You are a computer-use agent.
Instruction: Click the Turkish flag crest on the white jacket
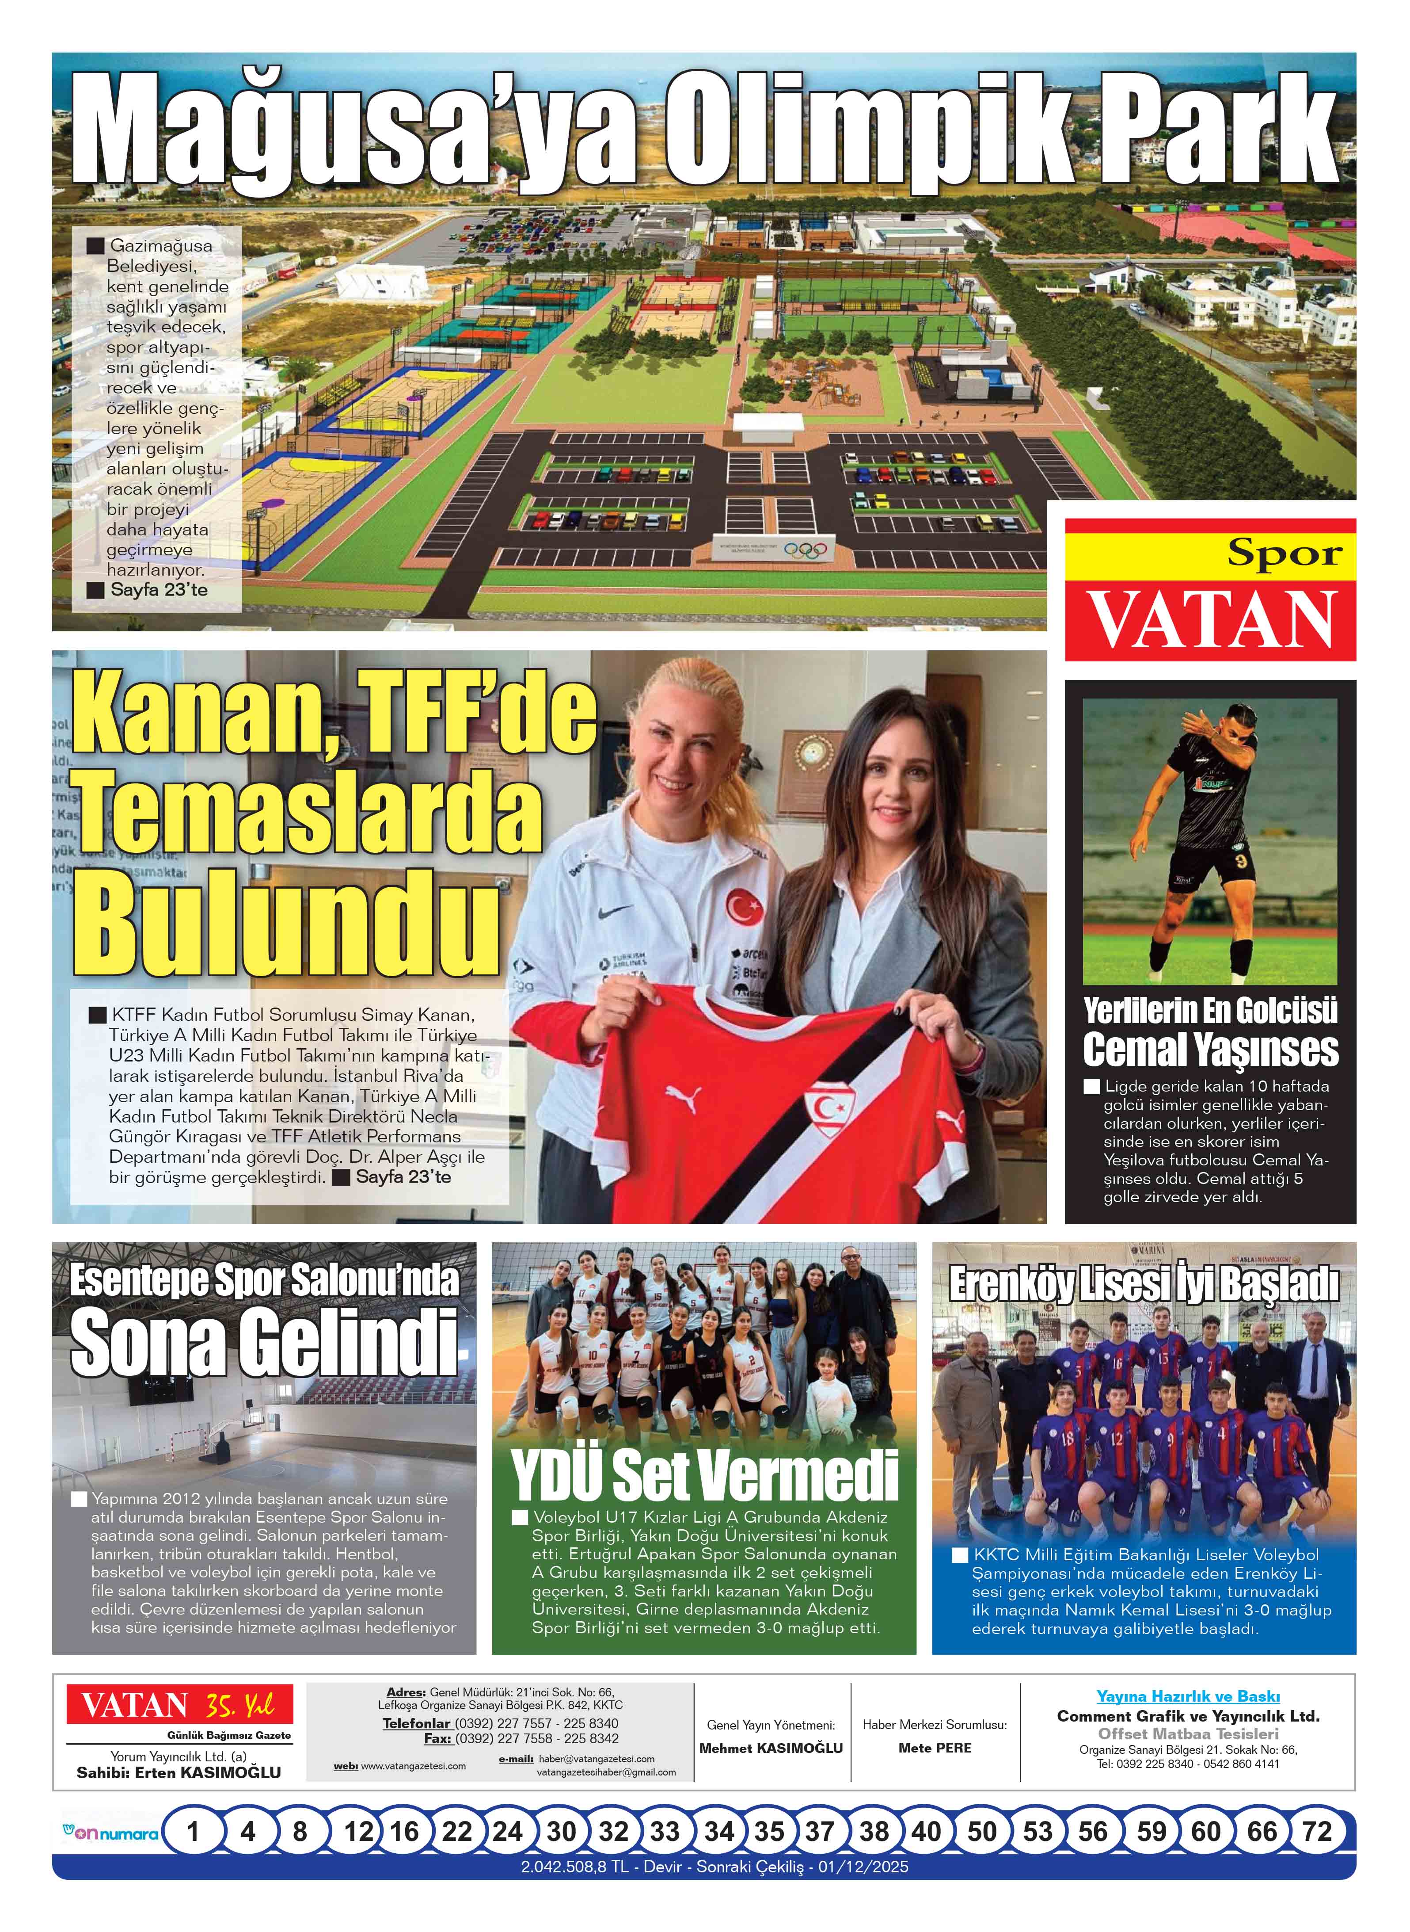tap(744, 907)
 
